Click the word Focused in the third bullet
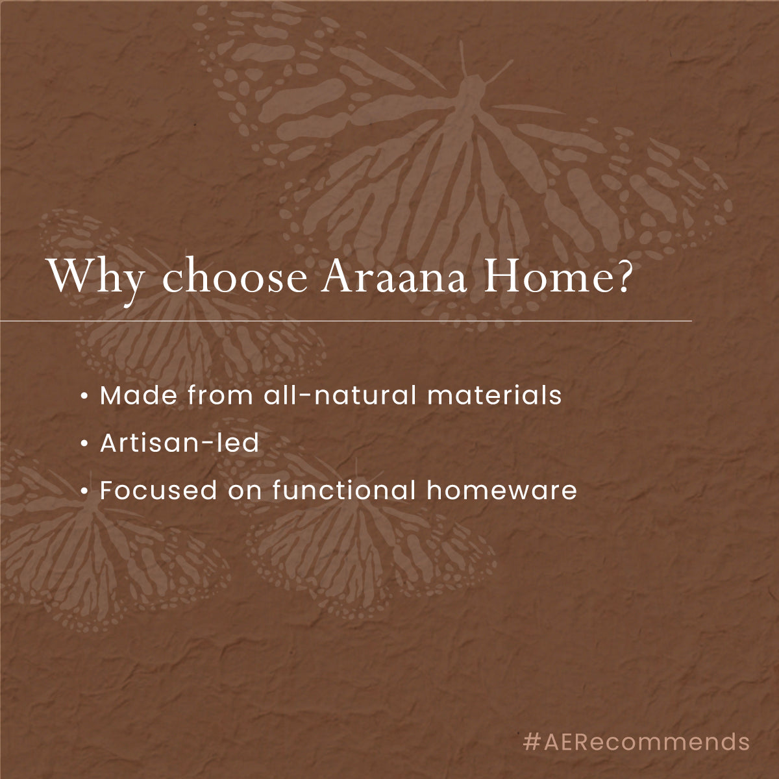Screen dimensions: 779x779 [x=158, y=490]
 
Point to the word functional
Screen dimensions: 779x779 [x=343, y=490]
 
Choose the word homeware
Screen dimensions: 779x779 [x=502, y=490]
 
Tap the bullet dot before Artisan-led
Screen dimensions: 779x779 [x=84, y=444]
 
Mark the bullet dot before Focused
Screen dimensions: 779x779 [x=84, y=491]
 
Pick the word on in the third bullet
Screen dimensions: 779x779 [x=245, y=491]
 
